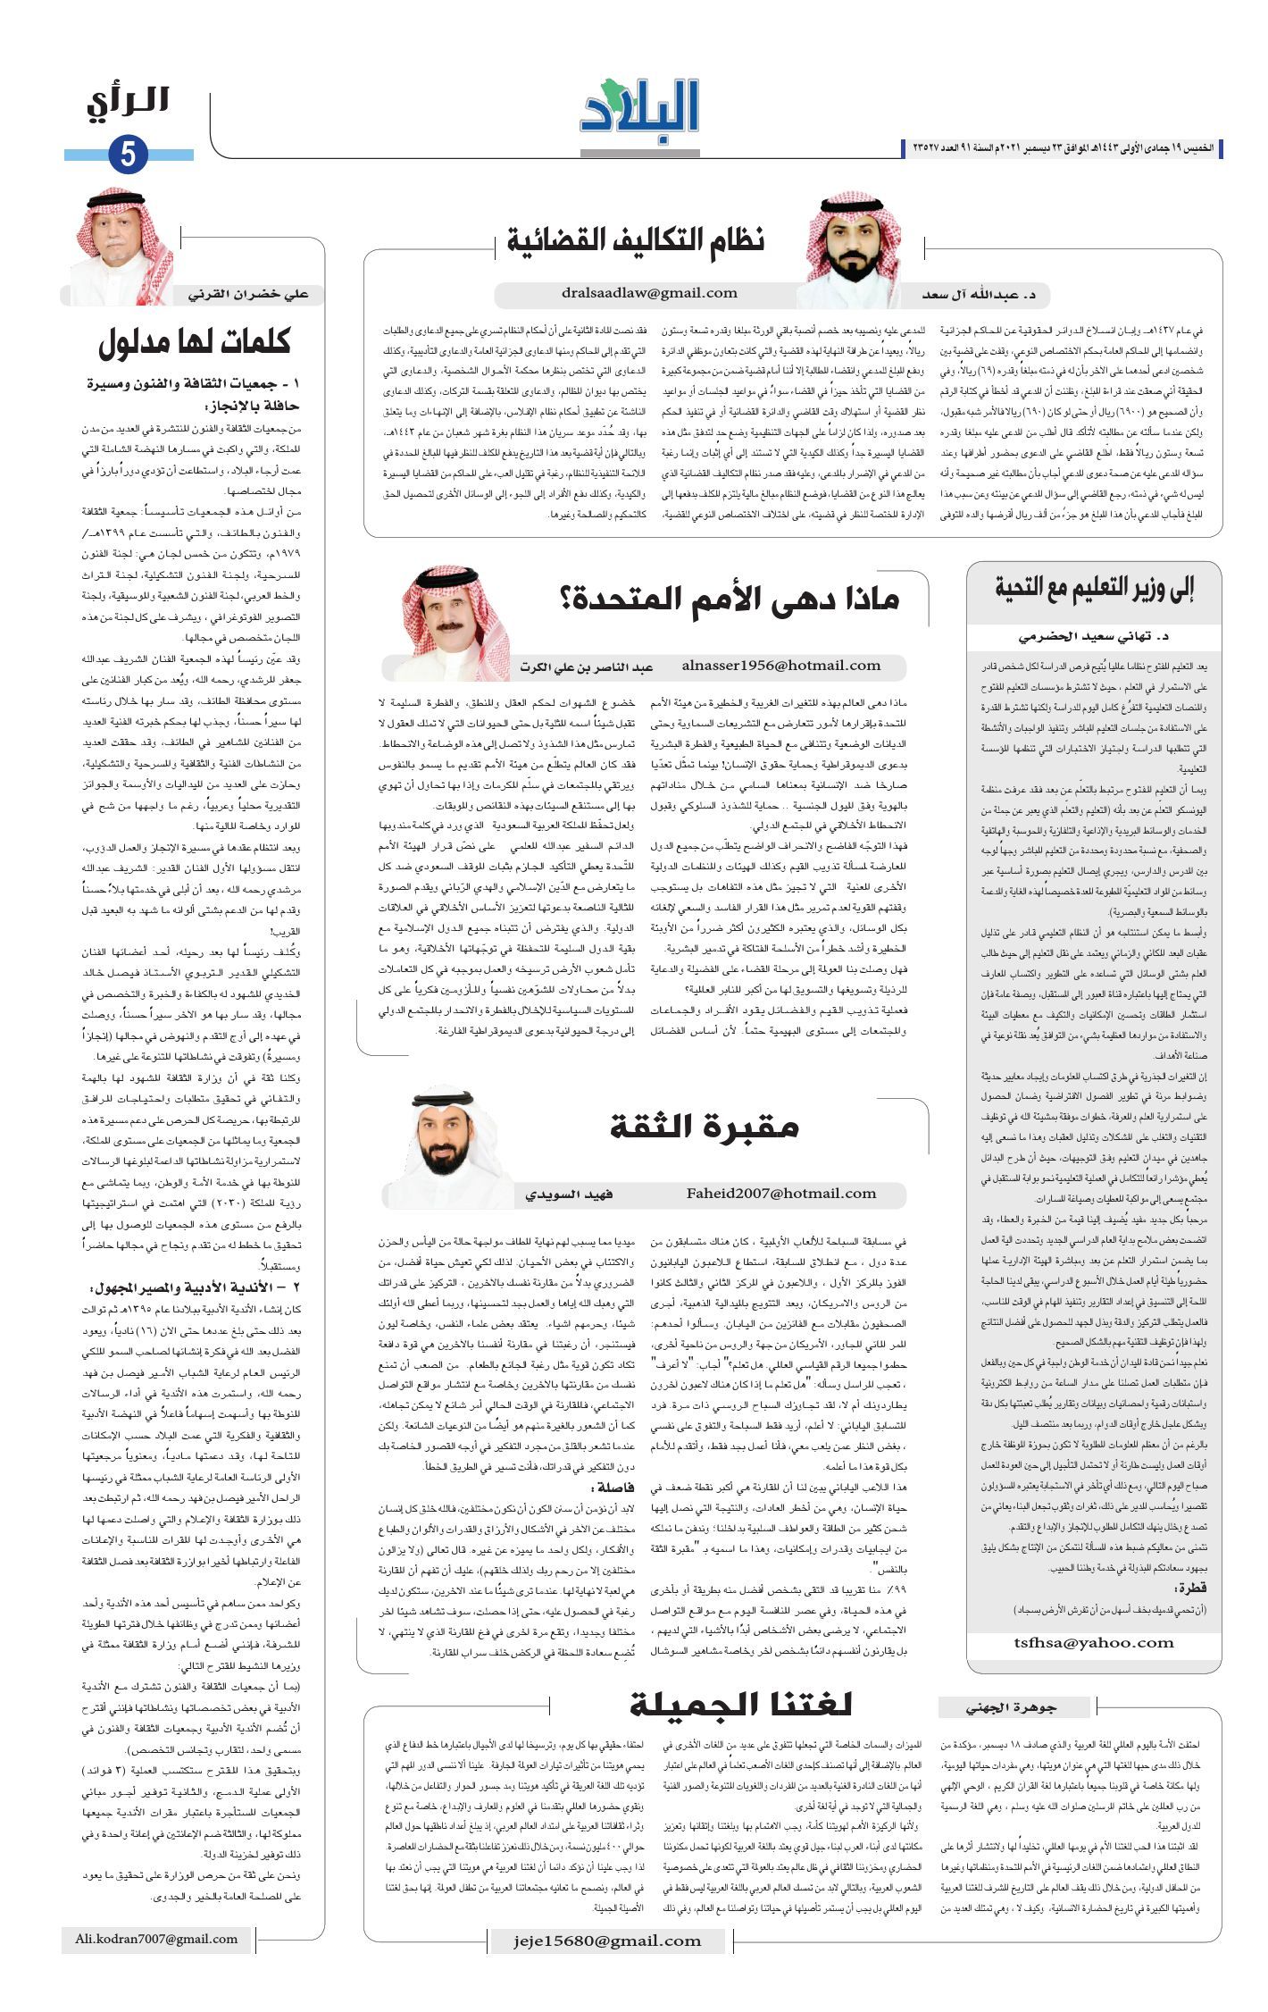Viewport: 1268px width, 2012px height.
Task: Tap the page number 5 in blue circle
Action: coord(128,155)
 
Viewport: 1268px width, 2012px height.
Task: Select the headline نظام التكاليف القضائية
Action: coord(636,240)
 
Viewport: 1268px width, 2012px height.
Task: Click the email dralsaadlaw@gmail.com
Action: coord(650,293)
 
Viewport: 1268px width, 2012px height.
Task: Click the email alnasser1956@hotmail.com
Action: coord(780,665)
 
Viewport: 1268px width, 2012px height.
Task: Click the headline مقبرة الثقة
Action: coord(704,1127)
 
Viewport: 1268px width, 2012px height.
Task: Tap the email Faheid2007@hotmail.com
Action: coord(781,1194)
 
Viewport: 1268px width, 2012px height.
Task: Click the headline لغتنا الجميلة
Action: coord(740,1705)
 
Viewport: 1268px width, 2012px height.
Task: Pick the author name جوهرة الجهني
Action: coord(1012,1707)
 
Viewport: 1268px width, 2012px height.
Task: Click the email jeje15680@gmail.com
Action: coord(607,1941)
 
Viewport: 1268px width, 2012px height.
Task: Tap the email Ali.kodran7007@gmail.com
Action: coord(156,1940)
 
